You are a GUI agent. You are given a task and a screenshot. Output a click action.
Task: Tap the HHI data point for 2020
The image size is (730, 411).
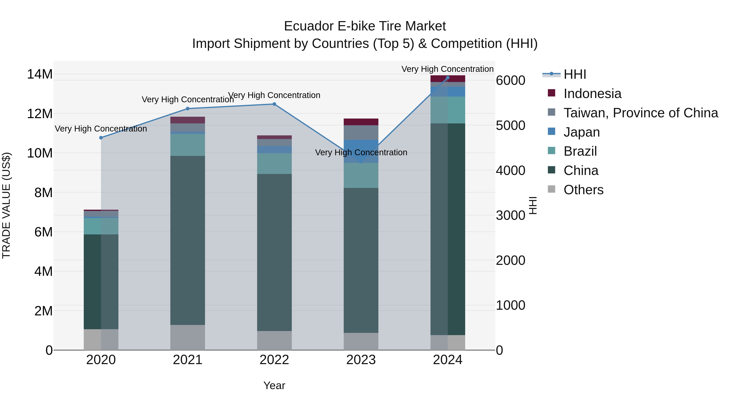click(x=101, y=138)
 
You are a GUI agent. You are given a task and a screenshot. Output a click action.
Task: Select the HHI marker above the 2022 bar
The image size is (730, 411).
click(x=274, y=104)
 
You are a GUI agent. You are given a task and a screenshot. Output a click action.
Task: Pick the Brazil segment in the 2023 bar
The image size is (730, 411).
click(x=361, y=175)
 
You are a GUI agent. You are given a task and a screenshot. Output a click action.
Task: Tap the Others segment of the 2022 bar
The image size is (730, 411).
click(x=274, y=340)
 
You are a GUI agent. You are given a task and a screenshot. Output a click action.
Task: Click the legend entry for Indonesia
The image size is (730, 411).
click(x=592, y=94)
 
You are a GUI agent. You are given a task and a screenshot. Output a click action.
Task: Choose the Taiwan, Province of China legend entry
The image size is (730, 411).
click(x=640, y=113)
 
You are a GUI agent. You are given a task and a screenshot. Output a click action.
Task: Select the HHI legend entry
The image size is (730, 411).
click(x=575, y=74)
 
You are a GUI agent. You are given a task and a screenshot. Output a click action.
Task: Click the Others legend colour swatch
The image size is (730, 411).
click(x=552, y=189)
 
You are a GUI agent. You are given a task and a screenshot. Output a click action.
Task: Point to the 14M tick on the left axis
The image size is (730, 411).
click(x=40, y=74)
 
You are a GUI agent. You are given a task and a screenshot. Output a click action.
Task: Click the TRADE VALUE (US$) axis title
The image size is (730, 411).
click(x=6, y=205)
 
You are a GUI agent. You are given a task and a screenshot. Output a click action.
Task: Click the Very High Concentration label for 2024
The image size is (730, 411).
click(x=448, y=69)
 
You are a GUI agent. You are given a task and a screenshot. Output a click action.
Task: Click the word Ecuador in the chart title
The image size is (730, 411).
click(x=309, y=26)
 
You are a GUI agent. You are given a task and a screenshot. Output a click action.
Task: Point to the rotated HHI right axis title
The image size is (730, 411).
click(x=533, y=205)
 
